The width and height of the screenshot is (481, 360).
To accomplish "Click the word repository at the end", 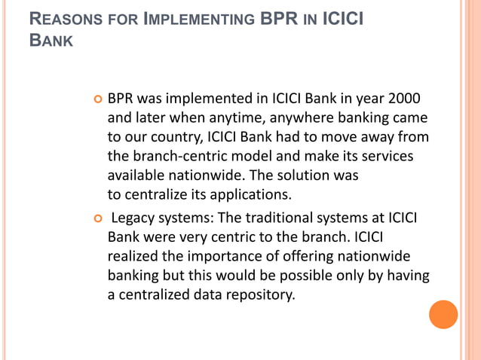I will [254, 294].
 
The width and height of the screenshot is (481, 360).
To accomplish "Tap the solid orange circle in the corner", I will [443, 314].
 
